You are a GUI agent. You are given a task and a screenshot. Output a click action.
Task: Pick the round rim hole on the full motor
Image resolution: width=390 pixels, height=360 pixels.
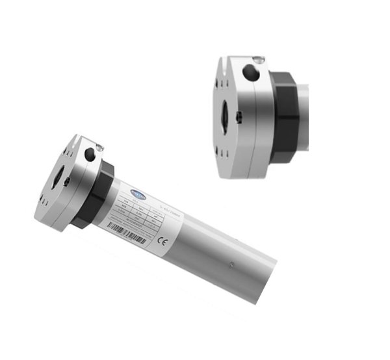coord(88,154)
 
